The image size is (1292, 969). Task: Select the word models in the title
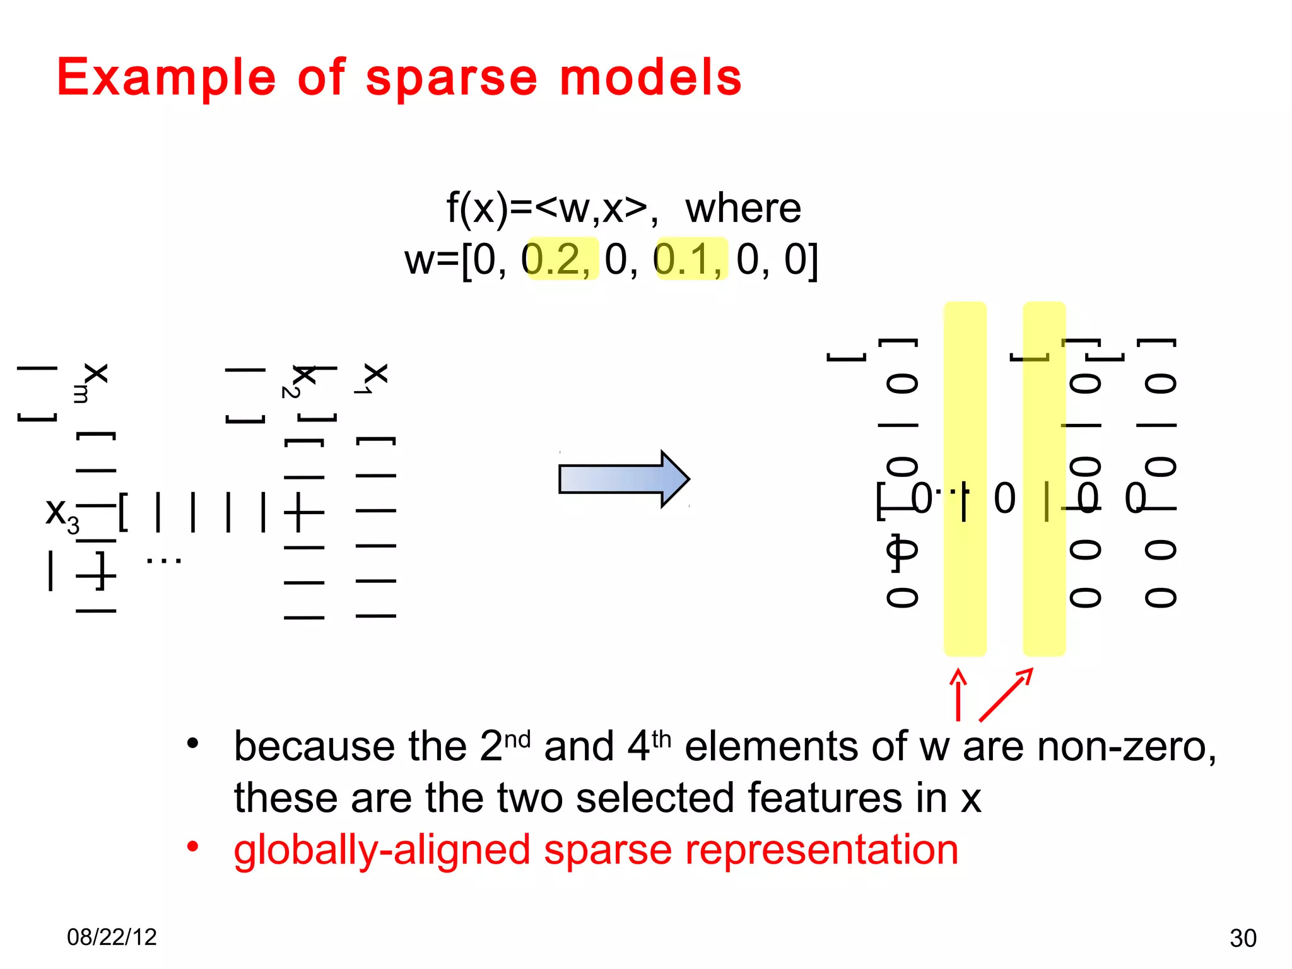(650, 78)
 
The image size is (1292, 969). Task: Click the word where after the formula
(743, 208)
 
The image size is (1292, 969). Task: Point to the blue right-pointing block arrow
(623, 479)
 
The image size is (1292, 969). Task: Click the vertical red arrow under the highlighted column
(958, 695)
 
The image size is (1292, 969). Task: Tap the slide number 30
(1243, 938)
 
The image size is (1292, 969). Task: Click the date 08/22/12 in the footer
(112, 937)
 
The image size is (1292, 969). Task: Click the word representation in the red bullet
(821, 850)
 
